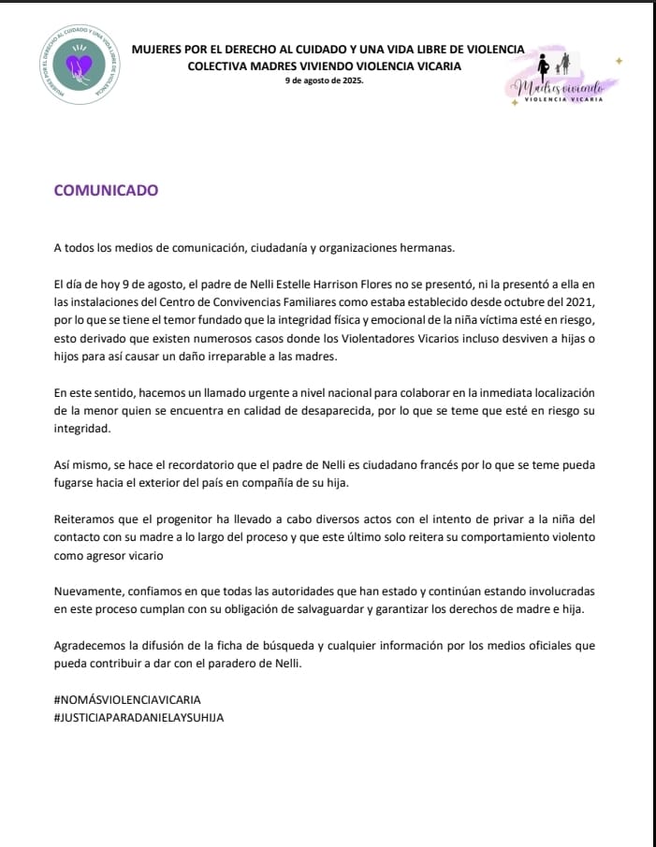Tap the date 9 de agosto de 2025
(x=324, y=81)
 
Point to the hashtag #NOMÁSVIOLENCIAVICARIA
(x=127, y=699)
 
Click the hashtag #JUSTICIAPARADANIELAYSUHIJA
(x=139, y=717)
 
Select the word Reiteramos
(x=88, y=518)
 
